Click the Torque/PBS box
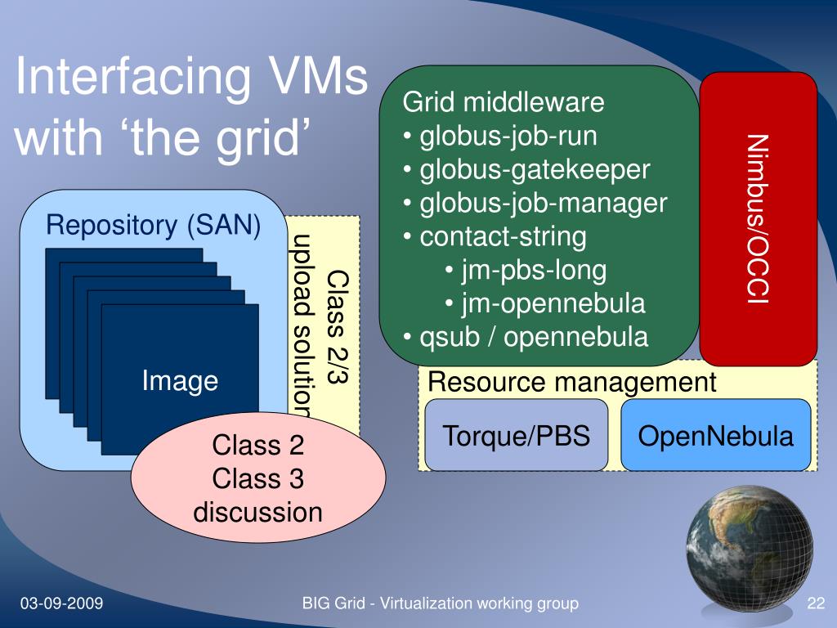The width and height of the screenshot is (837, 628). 516,436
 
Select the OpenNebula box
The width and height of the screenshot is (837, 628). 716,436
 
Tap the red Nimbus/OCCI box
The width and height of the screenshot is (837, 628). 758,219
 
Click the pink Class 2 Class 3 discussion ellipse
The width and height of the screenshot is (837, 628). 257,479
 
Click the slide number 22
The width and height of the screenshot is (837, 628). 815,604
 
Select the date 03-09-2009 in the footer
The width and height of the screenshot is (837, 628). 61,604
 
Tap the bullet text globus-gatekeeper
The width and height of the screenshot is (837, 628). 535,170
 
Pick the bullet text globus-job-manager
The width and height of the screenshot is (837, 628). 544,204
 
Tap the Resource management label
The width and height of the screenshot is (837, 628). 572,382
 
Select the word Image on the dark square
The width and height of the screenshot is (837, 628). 180,380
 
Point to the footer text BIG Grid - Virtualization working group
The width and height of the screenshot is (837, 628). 441,604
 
